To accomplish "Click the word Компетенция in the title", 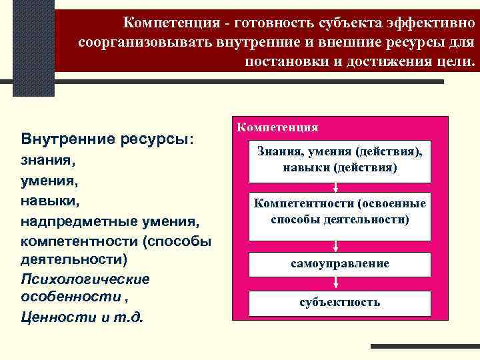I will pyautogui.click(x=171, y=23).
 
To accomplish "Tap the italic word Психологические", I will pyautogui.click(x=85, y=278).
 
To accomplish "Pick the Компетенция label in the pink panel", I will pyautogui.click(x=277, y=127).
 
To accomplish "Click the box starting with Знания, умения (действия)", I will pyautogui.click(x=340, y=161).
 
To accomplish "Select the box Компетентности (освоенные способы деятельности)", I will pyautogui.click(x=340, y=211).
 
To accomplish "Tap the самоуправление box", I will pyautogui.click(x=340, y=263).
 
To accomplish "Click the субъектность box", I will pyautogui.click(x=340, y=302).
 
